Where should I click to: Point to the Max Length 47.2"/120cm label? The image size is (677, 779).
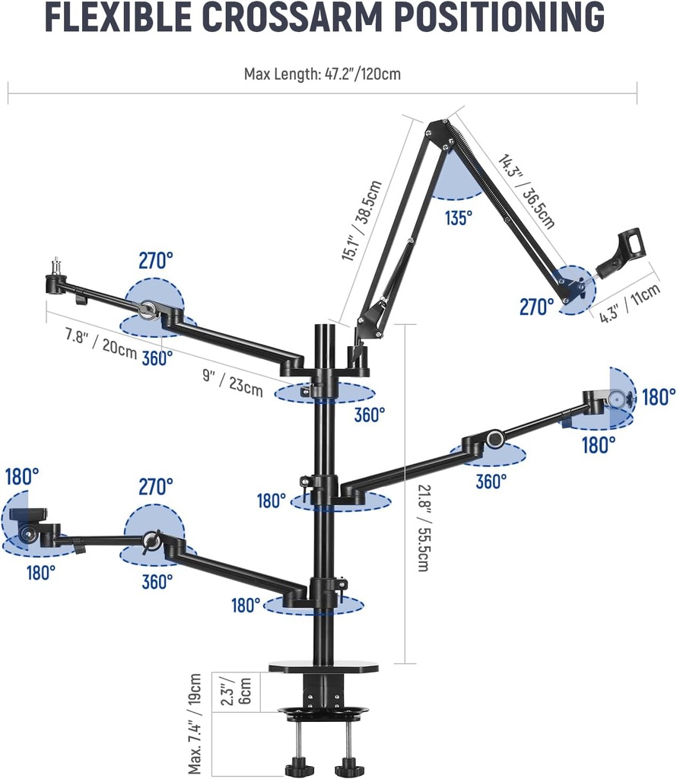tap(322, 75)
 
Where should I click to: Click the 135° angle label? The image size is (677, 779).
tap(459, 218)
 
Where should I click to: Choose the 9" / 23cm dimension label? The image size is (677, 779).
tap(233, 380)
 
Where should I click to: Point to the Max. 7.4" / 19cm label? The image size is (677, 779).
tap(195, 723)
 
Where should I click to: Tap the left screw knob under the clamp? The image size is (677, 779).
tap(298, 765)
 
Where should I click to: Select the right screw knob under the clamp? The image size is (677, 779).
tap(348, 765)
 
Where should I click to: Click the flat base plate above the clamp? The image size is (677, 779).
tap(323, 667)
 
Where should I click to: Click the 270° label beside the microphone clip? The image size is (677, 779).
tap(536, 307)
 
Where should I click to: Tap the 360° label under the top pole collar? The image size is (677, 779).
tap(370, 415)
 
